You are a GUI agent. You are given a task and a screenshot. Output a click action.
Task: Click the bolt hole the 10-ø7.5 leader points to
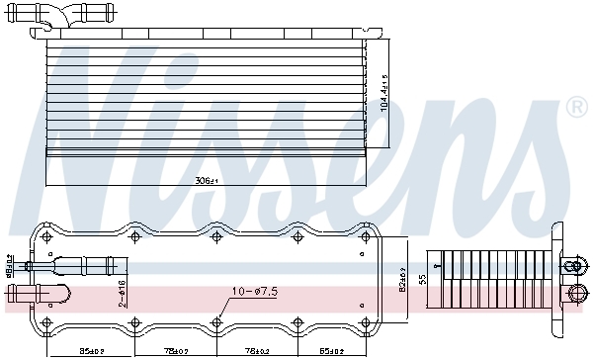pyautogui.click(x=216, y=320)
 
